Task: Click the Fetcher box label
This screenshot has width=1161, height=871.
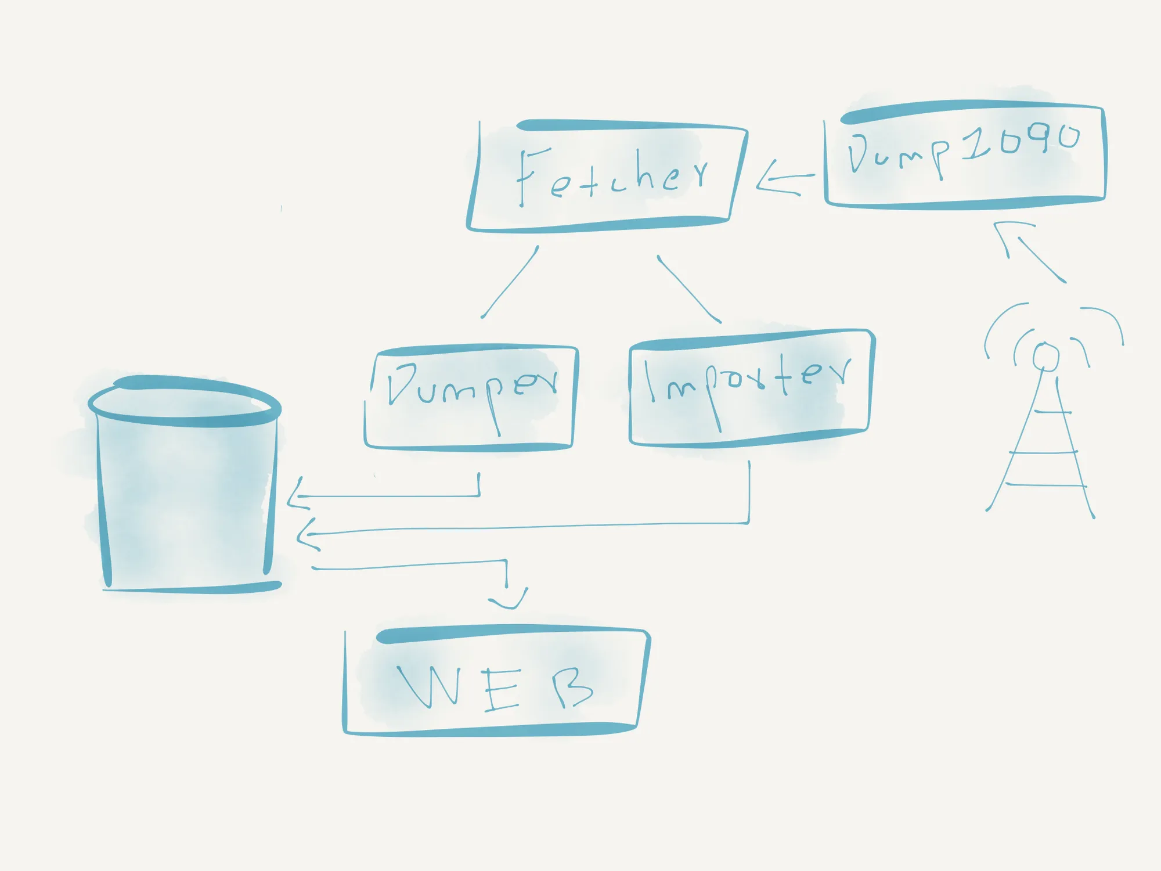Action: point(612,176)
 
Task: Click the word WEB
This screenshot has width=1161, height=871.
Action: point(495,688)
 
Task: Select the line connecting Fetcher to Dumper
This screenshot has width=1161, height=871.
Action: point(510,282)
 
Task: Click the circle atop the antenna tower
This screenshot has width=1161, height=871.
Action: point(1045,357)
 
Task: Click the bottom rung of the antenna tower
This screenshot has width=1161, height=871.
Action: point(1045,484)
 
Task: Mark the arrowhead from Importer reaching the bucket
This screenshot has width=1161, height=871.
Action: point(308,534)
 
